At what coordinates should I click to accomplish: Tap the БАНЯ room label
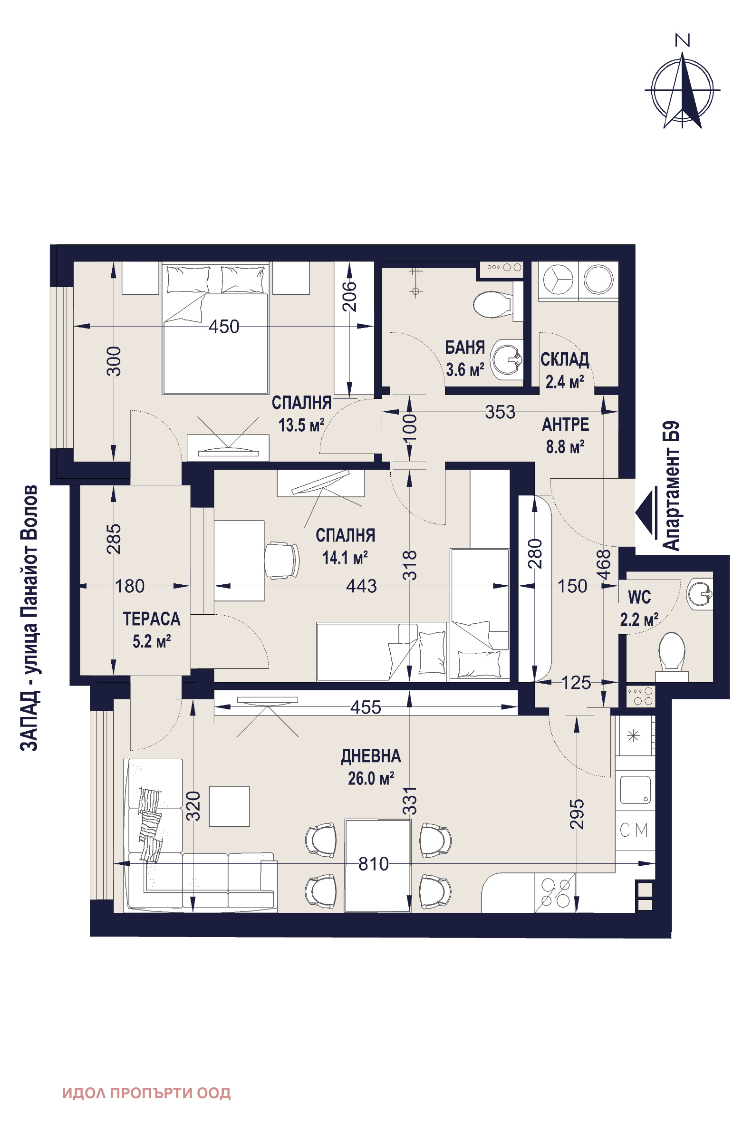[465, 347]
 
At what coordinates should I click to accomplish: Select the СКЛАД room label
[565, 359]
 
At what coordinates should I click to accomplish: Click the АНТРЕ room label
[566, 425]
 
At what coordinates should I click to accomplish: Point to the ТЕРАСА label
[152, 619]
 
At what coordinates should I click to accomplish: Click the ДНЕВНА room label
[371, 756]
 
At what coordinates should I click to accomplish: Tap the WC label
[639, 598]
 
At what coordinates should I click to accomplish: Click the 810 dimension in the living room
[374, 864]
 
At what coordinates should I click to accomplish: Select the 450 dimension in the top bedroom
[224, 327]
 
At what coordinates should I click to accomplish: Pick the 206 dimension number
[351, 296]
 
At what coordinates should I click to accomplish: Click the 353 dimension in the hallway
[500, 412]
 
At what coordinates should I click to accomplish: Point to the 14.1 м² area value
[345, 558]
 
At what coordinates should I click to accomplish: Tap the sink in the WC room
[700, 594]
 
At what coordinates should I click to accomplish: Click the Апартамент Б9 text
[671, 485]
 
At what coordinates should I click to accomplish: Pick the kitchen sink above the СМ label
[635, 790]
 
